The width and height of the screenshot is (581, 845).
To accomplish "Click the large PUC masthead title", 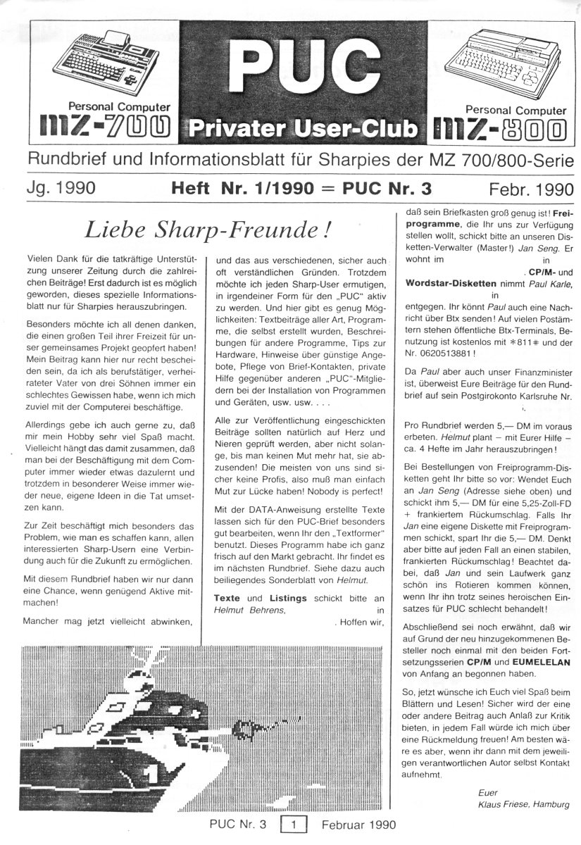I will pyautogui.click(x=290, y=68).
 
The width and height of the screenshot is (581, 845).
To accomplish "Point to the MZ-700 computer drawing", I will pyautogui.click(x=116, y=59).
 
